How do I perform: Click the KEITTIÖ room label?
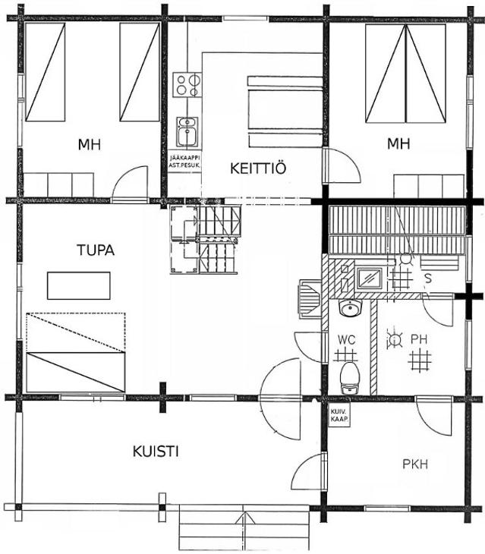click(x=258, y=168)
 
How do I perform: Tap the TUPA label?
click(x=96, y=250)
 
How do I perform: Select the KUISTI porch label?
click(x=156, y=452)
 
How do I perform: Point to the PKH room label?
click(x=415, y=464)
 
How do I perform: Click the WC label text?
click(x=347, y=340)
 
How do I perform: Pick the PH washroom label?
click(x=419, y=339)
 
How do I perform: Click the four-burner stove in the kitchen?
click(x=187, y=85)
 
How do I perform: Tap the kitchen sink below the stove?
click(x=187, y=132)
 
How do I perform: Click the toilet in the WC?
click(x=350, y=377)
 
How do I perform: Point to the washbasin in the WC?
click(x=350, y=308)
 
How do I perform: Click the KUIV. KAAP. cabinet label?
click(x=339, y=416)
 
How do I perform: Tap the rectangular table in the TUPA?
click(x=79, y=285)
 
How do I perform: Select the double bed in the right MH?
click(x=405, y=74)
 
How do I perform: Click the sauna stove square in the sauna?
click(x=370, y=278)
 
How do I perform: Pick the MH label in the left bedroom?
click(x=90, y=144)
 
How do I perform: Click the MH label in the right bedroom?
click(x=398, y=143)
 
